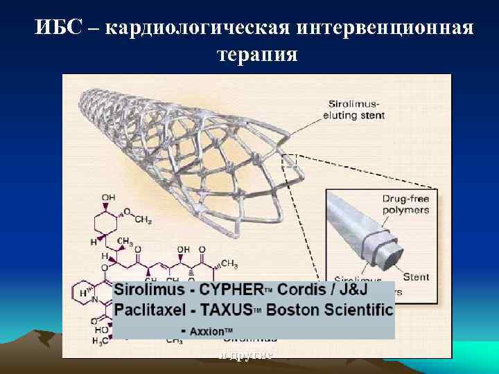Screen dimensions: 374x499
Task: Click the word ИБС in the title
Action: (60, 29)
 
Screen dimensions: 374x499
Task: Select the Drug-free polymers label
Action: (405, 204)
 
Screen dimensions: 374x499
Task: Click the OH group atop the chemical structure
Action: (109, 198)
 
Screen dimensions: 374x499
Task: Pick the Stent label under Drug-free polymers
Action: (417, 276)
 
